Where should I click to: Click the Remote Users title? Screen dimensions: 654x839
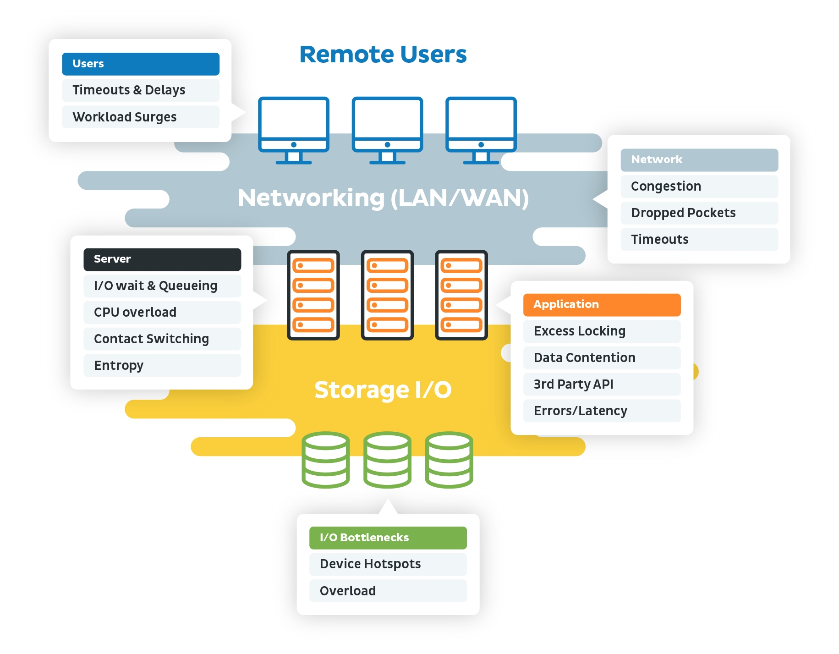pos(383,55)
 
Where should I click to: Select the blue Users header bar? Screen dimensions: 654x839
pos(140,64)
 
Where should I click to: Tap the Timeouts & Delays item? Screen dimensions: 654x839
pos(140,90)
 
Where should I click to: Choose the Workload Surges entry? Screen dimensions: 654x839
pos(140,117)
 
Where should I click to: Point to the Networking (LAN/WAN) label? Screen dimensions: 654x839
pos(383,198)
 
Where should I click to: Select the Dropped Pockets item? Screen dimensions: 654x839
pos(699,213)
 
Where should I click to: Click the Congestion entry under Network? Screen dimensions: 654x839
pos(699,186)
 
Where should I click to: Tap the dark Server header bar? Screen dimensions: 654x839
pos(162,259)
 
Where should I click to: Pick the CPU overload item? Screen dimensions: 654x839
pos(162,312)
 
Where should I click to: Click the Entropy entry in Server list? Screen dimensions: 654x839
pos(162,365)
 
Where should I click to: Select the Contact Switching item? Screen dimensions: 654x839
pos(162,339)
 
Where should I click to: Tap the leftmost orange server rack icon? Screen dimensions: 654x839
pos(313,295)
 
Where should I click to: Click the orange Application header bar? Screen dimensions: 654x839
pos(602,305)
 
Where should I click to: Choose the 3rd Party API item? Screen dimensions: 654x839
pos(602,384)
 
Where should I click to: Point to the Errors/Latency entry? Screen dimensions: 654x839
pos(602,411)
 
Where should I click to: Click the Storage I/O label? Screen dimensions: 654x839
pos(383,390)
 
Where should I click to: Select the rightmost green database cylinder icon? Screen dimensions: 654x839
pos(449,460)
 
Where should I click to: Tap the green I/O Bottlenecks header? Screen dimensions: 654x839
pos(388,538)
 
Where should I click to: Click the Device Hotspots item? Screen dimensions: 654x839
pos(388,564)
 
